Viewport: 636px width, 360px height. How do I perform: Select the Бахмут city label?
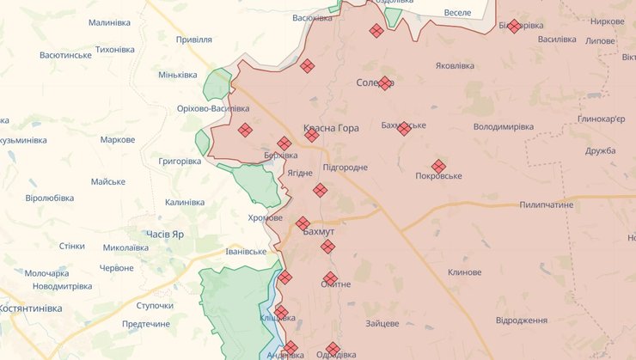pyautogui.click(x=319, y=232)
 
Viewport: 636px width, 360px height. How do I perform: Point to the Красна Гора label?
pyautogui.click(x=331, y=128)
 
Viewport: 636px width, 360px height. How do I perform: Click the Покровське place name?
pyautogui.click(x=438, y=176)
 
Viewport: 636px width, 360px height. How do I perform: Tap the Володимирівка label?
pyautogui.click(x=504, y=126)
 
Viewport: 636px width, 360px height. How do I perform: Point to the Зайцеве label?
pyautogui.click(x=382, y=324)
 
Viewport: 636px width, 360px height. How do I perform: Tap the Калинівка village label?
pyautogui.click(x=185, y=203)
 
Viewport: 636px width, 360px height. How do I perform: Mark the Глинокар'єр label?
pyautogui.click(x=602, y=119)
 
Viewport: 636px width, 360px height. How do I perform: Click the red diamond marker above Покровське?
pyautogui.click(x=438, y=166)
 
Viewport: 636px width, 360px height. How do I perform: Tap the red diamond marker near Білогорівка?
pyautogui.click(x=514, y=27)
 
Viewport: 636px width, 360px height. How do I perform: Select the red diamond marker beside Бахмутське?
pyautogui.click(x=404, y=129)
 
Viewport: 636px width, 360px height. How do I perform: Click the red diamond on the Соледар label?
pyautogui.click(x=385, y=83)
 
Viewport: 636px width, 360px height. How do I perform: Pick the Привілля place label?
pyautogui.click(x=193, y=40)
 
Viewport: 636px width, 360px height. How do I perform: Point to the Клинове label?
pyautogui.click(x=464, y=272)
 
